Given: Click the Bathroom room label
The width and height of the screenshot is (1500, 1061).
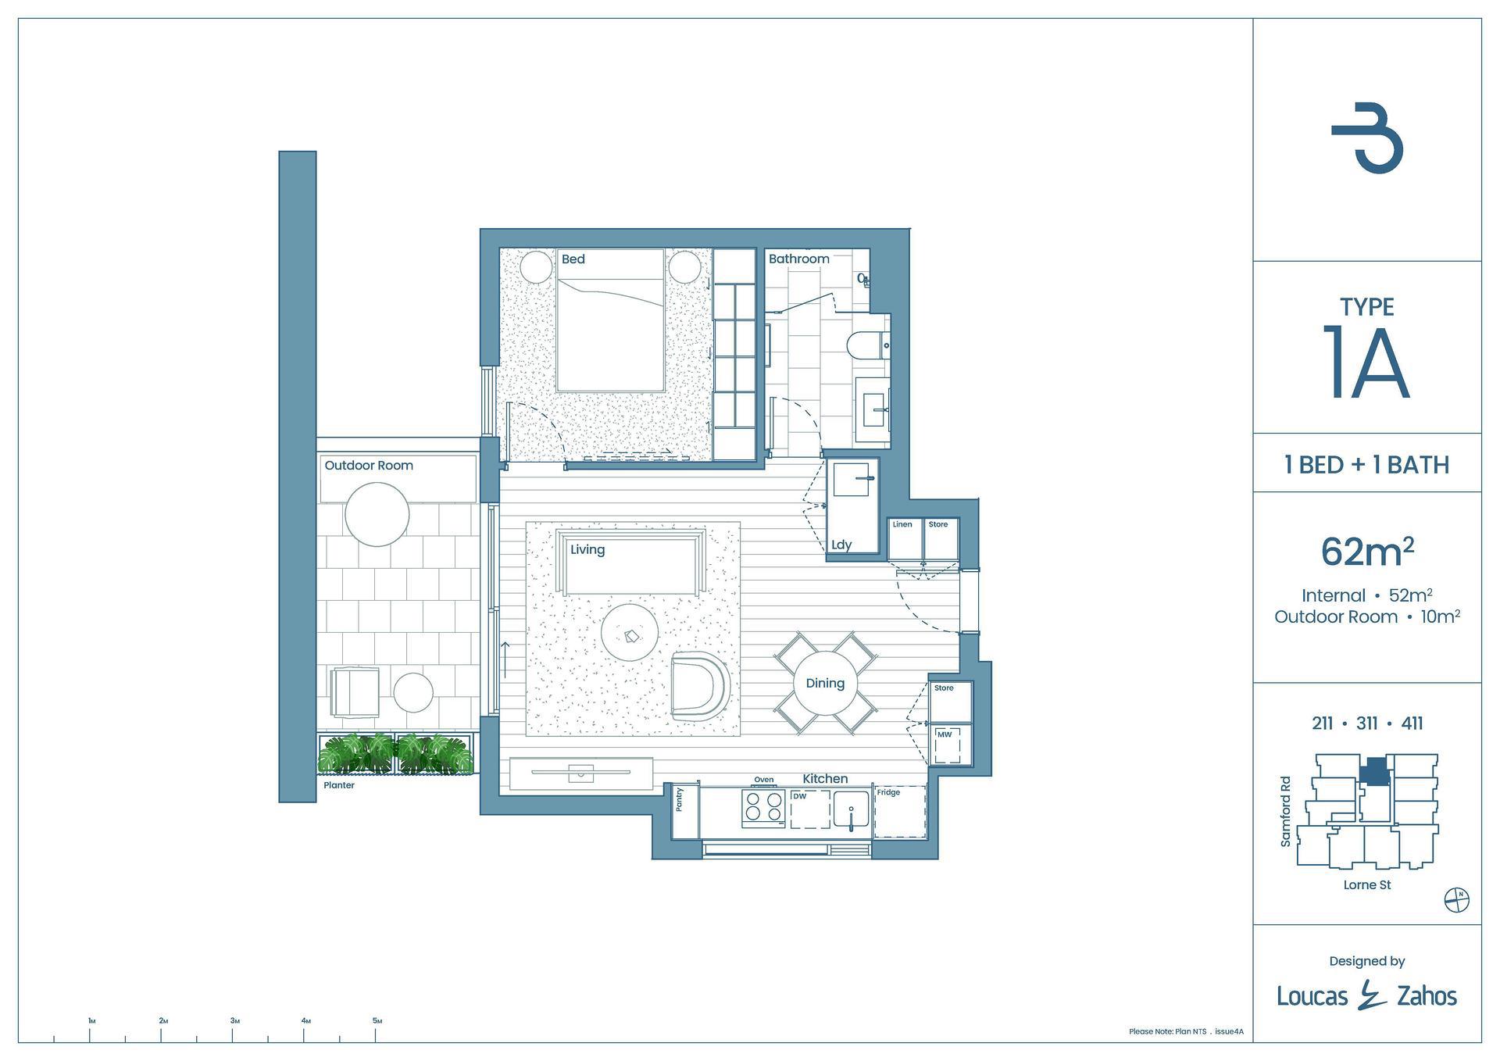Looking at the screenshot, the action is (x=798, y=259).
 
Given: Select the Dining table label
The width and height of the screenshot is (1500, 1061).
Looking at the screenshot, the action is (x=825, y=683).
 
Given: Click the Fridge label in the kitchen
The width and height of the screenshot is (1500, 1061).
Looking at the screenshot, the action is (x=888, y=792).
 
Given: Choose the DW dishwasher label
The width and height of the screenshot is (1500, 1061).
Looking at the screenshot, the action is (x=799, y=796).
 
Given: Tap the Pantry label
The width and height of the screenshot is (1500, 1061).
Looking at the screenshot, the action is (x=680, y=799).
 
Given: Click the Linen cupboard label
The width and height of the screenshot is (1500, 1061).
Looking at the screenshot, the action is (x=902, y=524).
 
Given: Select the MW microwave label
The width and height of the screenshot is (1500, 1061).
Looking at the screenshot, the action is (x=945, y=734).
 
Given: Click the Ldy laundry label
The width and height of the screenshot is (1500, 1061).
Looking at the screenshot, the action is (x=841, y=545).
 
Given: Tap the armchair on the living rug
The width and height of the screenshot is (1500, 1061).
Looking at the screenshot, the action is (x=700, y=685).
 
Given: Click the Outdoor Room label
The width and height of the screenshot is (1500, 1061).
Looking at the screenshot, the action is (x=369, y=465).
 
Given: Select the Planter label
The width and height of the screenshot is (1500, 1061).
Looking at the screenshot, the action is (x=339, y=785).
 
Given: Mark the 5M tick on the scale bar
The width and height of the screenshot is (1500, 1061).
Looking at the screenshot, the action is (x=377, y=1034).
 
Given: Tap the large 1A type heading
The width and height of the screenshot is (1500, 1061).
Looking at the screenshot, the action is (x=1366, y=363).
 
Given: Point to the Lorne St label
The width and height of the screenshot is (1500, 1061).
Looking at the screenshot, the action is (x=1367, y=885).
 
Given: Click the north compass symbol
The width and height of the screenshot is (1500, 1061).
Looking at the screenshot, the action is (x=1457, y=900).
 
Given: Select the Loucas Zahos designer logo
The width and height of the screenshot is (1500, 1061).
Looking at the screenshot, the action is (x=1367, y=995).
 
